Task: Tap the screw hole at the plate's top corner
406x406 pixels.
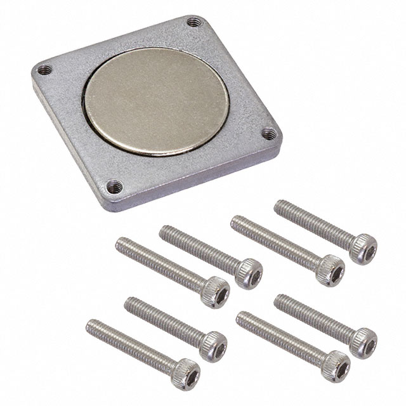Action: coord(193,23)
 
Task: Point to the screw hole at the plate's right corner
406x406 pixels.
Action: coord(269,134)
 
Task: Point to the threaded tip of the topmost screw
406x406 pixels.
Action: coord(280,206)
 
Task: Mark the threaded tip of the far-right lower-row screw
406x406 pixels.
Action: coord(280,301)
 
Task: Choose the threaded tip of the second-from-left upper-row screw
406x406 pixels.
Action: coord(164,232)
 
